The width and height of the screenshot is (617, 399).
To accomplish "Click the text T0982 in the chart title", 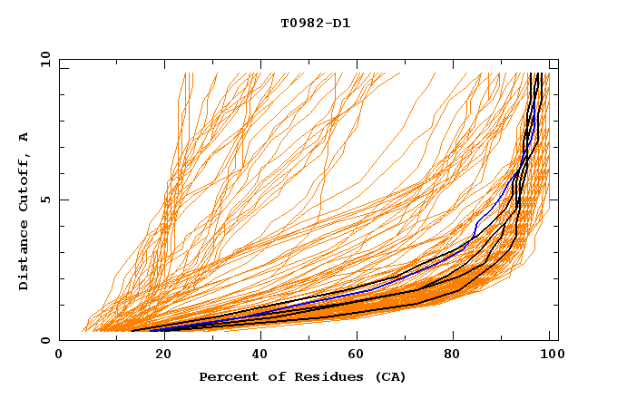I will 300,23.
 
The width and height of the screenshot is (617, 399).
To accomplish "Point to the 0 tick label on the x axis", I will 60,355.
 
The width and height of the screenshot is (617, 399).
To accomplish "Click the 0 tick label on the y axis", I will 45,341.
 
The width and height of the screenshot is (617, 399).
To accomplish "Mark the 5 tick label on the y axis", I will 45,200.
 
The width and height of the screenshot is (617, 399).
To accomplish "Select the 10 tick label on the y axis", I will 43,60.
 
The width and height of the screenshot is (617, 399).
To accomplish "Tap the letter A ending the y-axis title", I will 24,137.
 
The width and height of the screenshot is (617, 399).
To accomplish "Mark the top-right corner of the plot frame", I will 558,60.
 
